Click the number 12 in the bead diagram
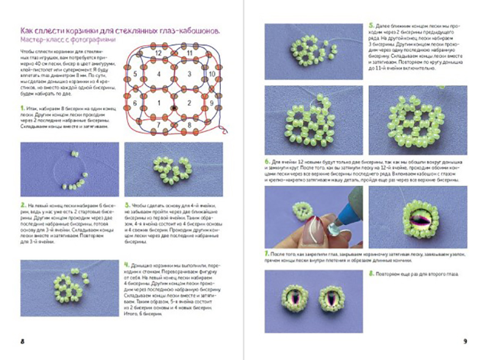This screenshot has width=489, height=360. pos(158,53)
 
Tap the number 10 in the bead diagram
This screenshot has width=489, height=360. pos(211,73)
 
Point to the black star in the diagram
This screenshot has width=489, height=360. pos(175,108)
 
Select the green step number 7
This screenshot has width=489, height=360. pos(267,253)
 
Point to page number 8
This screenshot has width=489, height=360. pos(21,341)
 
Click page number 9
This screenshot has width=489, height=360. pos(465,341)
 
